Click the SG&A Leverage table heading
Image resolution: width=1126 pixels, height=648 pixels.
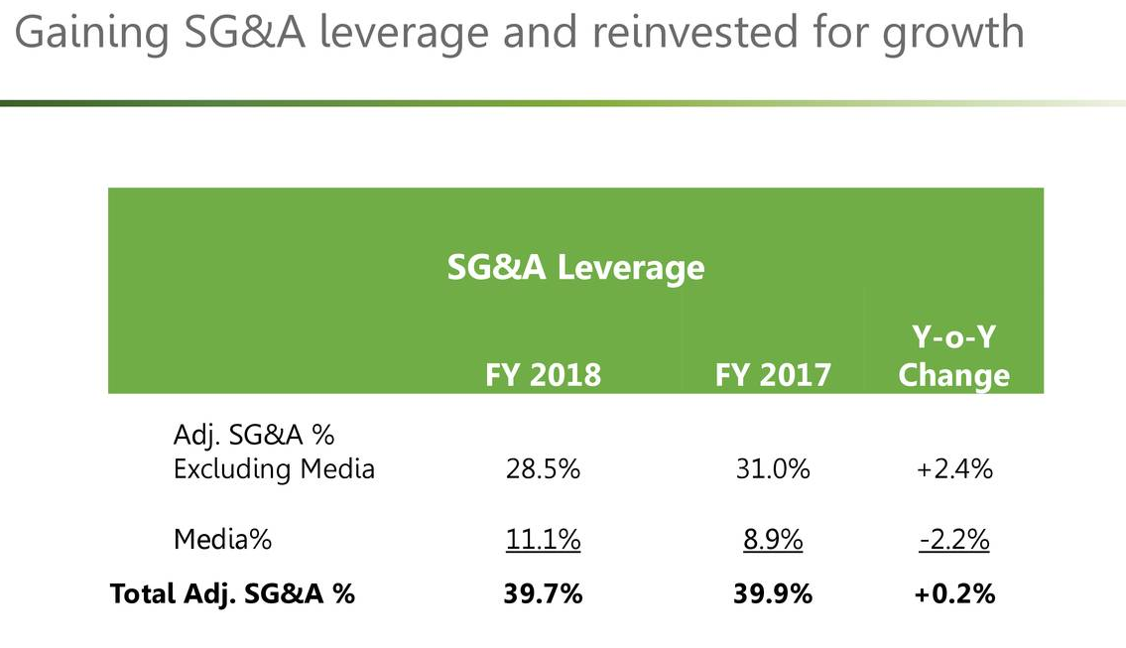[x=575, y=267]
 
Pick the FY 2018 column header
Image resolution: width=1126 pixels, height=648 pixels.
[x=543, y=374]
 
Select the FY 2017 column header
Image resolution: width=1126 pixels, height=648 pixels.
[x=773, y=374]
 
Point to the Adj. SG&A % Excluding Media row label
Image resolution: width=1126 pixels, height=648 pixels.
[x=274, y=452]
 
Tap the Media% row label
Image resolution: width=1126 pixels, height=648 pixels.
[x=222, y=540]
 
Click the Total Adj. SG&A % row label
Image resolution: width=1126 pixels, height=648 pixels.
[x=232, y=593]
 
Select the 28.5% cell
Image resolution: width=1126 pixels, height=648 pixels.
[x=542, y=468]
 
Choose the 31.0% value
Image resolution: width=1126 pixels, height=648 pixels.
[x=772, y=468]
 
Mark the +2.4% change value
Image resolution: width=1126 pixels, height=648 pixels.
[x=953, y=468]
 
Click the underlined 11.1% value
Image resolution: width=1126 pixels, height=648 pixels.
[x=542, y=540]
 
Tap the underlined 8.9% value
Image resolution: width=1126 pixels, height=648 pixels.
[x=772, y=540]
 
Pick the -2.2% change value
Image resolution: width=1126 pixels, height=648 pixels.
[x=953, y=540]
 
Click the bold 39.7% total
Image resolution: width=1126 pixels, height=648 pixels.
[x=542, y=593]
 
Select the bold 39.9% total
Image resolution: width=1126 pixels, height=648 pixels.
[x=772, y=593]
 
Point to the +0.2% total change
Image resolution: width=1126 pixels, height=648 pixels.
[x=953, y=593]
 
